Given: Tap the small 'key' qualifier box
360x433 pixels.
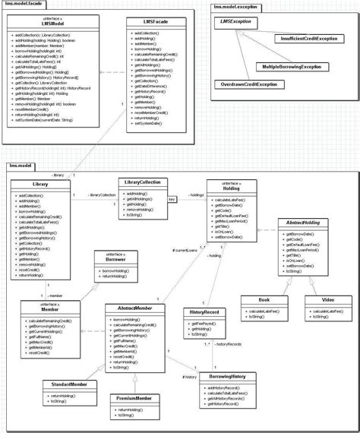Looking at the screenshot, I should (172, 199).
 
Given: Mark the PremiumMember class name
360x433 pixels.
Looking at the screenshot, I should (133, 397).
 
